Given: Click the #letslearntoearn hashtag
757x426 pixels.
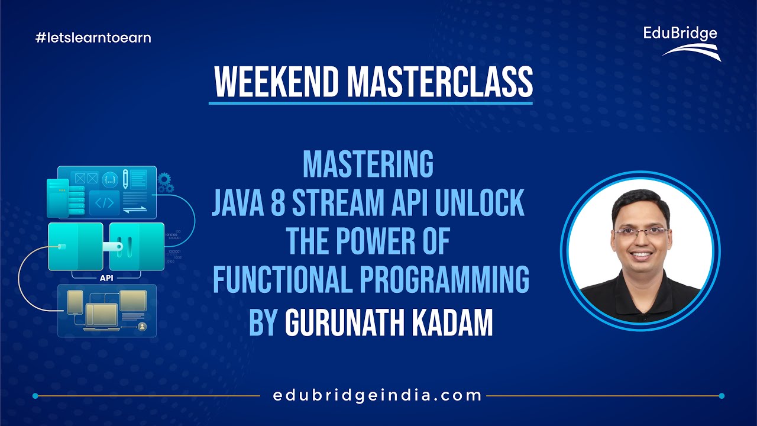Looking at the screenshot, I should point(93,38).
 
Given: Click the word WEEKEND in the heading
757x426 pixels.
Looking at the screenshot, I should point(277,83).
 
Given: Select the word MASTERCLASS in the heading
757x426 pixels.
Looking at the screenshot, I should point(439,83).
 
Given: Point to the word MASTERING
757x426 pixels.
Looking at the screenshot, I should point(368,165).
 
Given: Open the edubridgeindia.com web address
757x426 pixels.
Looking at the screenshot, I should point(377,395).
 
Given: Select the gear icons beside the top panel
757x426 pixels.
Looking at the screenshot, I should point(166,182).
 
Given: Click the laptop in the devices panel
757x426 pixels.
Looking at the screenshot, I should point(98,315).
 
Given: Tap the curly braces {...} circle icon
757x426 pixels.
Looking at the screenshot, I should point(109,178).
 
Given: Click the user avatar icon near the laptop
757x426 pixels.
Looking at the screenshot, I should point(142,327).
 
